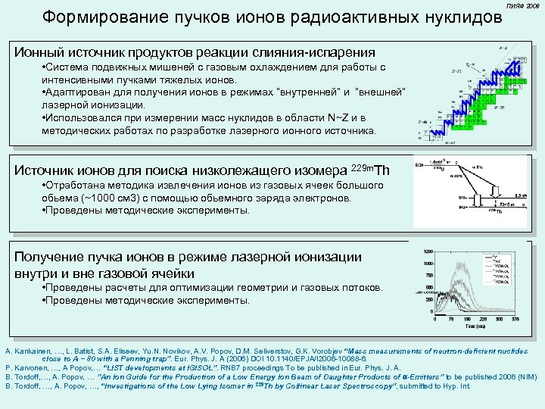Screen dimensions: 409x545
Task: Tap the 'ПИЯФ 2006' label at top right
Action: (523, 6)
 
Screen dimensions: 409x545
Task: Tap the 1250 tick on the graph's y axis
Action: (428, 251)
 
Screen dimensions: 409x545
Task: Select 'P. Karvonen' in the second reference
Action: (23, 368)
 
